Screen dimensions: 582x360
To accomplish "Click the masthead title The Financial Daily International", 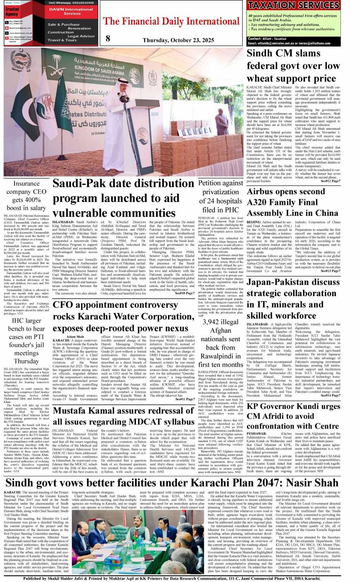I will (x=171, y=21).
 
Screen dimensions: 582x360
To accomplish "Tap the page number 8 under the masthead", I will (x=108, y=38).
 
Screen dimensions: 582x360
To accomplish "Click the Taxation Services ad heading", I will (x=293, y=6).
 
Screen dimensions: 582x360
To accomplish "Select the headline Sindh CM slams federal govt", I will (x=293, y=66).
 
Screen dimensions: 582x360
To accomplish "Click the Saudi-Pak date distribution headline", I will (x=123, y=198).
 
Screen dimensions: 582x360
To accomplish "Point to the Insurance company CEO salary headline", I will (x=26, y=196).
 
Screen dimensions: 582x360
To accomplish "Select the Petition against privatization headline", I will (x=221, y=196).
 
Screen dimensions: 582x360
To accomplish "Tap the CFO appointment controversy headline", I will (x=123, y=316).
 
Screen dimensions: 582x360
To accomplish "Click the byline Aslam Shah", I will (x=75, y=337).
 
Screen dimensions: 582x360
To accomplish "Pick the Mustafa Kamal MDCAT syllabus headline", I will (x=123, y=416).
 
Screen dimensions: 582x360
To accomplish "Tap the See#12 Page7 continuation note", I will (x=330, y=181).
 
